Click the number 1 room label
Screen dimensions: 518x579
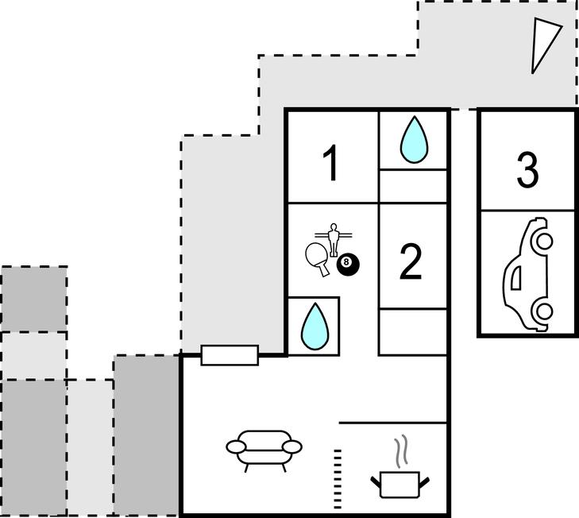[x=331, y=165]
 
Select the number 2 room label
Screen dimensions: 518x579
[x=410, y=262]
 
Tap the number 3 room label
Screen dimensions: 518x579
[x=527, y=169]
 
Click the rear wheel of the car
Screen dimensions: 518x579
[x=542, y=313]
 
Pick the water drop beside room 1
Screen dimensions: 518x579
[x=413, y=140]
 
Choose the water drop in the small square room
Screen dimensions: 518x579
[x=315, y=326]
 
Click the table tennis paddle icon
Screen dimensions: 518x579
[x=317, y=259]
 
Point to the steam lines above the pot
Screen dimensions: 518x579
[x=403, y=450]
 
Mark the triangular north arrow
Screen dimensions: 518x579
[x=545, y=44]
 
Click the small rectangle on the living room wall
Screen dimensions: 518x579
[x=230, y=355]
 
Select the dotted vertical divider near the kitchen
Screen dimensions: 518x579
[x=337, y=473]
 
